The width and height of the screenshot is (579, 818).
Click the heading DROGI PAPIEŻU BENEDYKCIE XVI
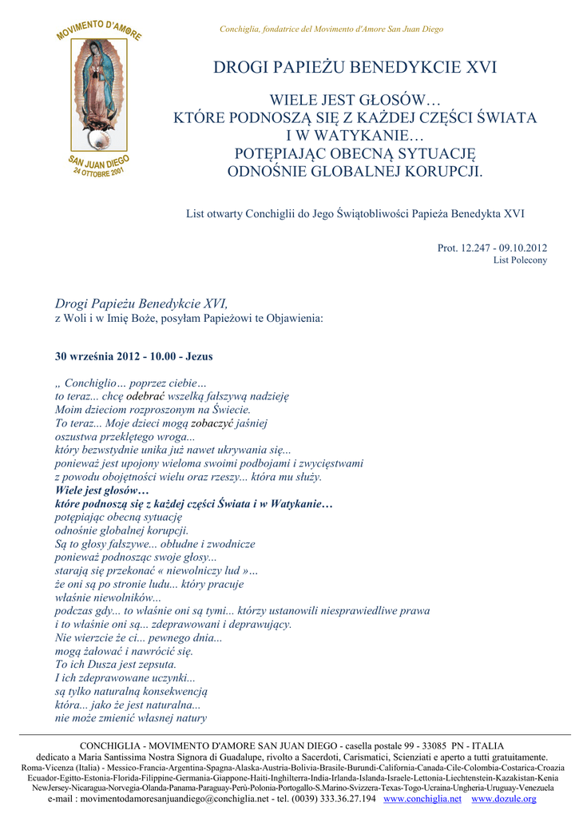pyautogui.click(x=355, y=67)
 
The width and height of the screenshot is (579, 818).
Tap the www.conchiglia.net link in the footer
pyautogui.click(x=422, y=799)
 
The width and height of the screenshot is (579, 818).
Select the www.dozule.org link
pyautogui.click(x=504, y=799)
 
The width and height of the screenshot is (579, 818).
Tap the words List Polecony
pyautogui.click(x=520, y=260)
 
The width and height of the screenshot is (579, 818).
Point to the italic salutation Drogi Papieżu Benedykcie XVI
pyautogui.click(x=141, y=304)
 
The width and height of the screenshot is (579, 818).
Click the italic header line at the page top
pyautogui.click(x=331, y=30)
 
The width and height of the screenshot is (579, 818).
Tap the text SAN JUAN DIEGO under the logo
pyautogui.click(x=99, y=165)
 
